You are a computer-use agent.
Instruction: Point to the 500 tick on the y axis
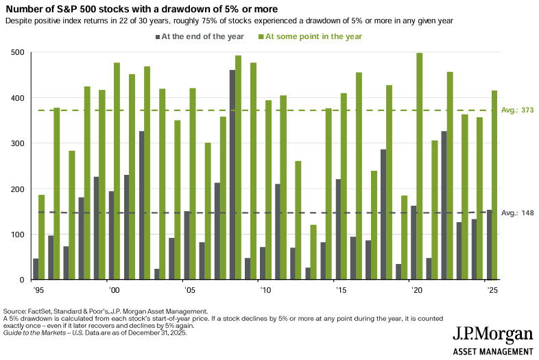(17, 53)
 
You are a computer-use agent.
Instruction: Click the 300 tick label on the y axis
(17, 143)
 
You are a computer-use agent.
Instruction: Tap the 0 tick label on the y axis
(22, 280)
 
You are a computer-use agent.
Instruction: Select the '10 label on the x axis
(261, 291)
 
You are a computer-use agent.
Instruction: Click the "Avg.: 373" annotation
(517, 110)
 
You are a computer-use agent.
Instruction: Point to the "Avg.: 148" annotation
(517, 213)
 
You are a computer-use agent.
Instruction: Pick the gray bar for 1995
(35, 269)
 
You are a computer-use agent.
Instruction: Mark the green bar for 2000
(117, 171)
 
